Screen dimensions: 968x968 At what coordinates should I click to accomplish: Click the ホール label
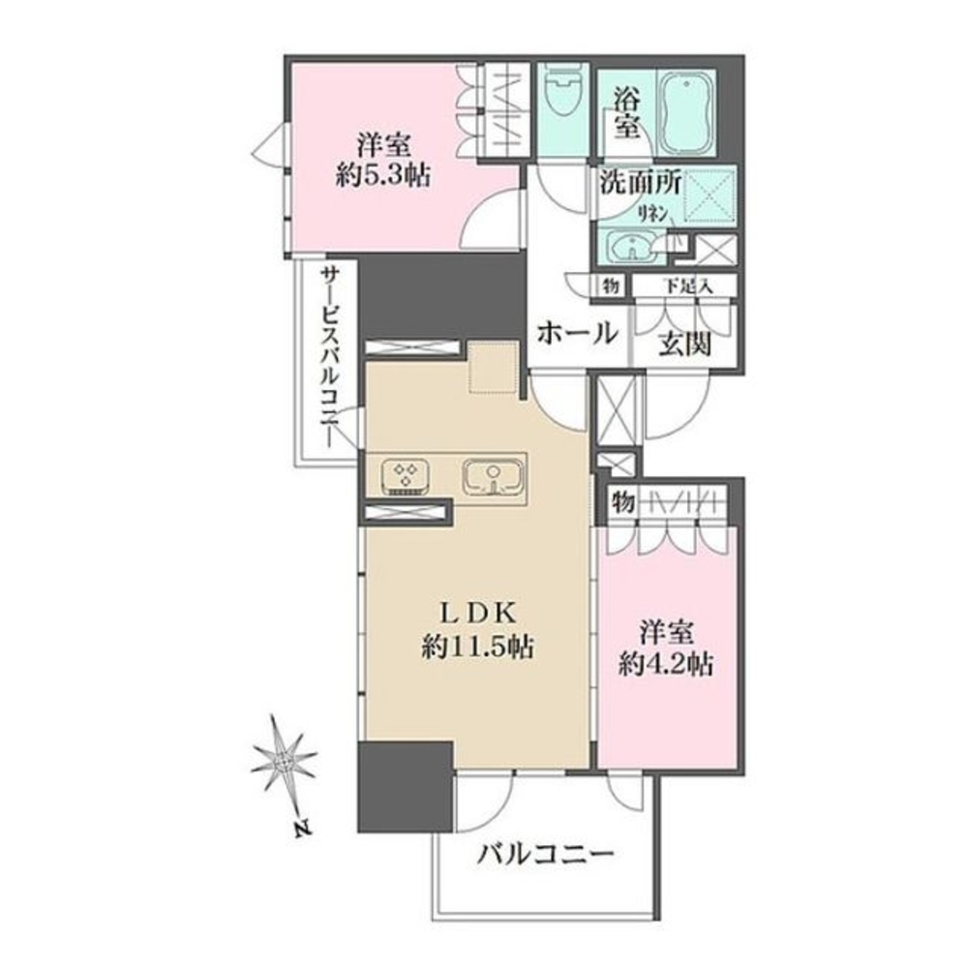577,334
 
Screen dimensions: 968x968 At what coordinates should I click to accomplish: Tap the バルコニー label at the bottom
547,854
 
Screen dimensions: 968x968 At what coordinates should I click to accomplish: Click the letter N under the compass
303,830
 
